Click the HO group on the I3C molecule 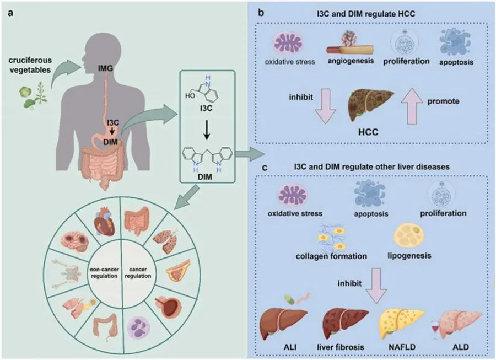[192, 95]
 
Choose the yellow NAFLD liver [402, 323]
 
